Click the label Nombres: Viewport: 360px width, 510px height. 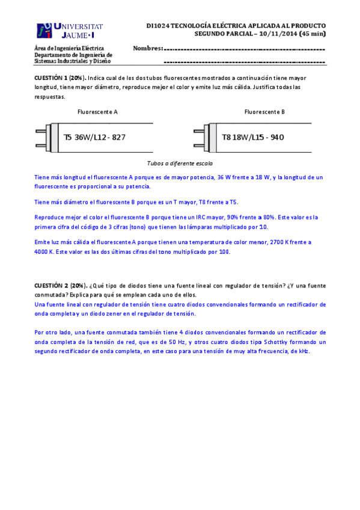pos(147,48)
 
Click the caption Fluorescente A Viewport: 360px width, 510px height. pos(97,112)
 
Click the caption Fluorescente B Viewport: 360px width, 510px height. pos(264,112)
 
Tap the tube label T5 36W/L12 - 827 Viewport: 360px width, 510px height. pos(94,137)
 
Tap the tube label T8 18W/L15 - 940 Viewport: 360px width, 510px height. pos(252,137)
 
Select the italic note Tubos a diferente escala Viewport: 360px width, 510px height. pos(180,163)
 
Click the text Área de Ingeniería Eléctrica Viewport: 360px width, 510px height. pos(69,48)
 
